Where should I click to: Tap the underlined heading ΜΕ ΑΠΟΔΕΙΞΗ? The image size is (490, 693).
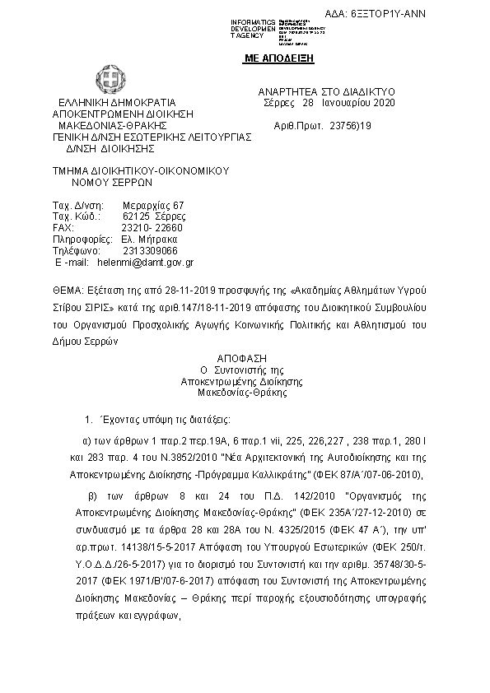[280, 59]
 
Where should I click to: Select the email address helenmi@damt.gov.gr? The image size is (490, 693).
[145, 263]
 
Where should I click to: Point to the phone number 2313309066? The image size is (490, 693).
[149, 251]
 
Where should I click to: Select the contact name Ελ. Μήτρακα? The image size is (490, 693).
[143, 240]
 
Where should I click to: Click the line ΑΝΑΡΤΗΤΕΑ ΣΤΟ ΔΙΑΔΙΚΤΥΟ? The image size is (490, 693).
[327, 91]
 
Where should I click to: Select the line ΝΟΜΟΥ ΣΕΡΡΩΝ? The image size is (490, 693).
[107, 183]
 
